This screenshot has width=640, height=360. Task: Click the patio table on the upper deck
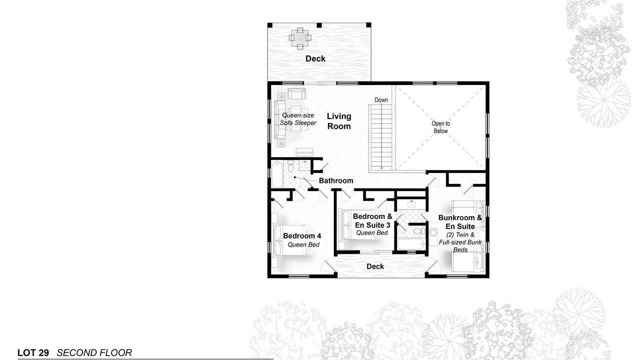click(300, 38)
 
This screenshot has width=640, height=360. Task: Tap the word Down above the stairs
click(381, 99)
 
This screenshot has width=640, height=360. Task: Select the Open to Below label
click(440, 127)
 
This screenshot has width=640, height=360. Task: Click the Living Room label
click(339, 121)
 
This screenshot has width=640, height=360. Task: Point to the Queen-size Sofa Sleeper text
click(298, 119)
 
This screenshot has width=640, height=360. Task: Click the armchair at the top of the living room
click(296, 93)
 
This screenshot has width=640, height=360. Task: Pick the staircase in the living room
click(381, 137)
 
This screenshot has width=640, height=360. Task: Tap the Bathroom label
click(336, 180)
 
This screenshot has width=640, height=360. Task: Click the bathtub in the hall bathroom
click(277, 174)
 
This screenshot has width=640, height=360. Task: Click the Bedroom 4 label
click(302, 235)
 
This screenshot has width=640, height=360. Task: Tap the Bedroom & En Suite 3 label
click(372, 220)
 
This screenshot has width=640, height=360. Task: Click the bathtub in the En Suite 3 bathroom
click(411, 244)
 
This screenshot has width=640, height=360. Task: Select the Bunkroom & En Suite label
click(460, 222)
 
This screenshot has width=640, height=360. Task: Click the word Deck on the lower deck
click(375, 266)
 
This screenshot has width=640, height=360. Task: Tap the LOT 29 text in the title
click(33, 353)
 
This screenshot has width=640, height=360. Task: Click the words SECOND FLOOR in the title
click(94, 353)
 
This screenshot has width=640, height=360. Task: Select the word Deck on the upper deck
click(315, 58)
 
